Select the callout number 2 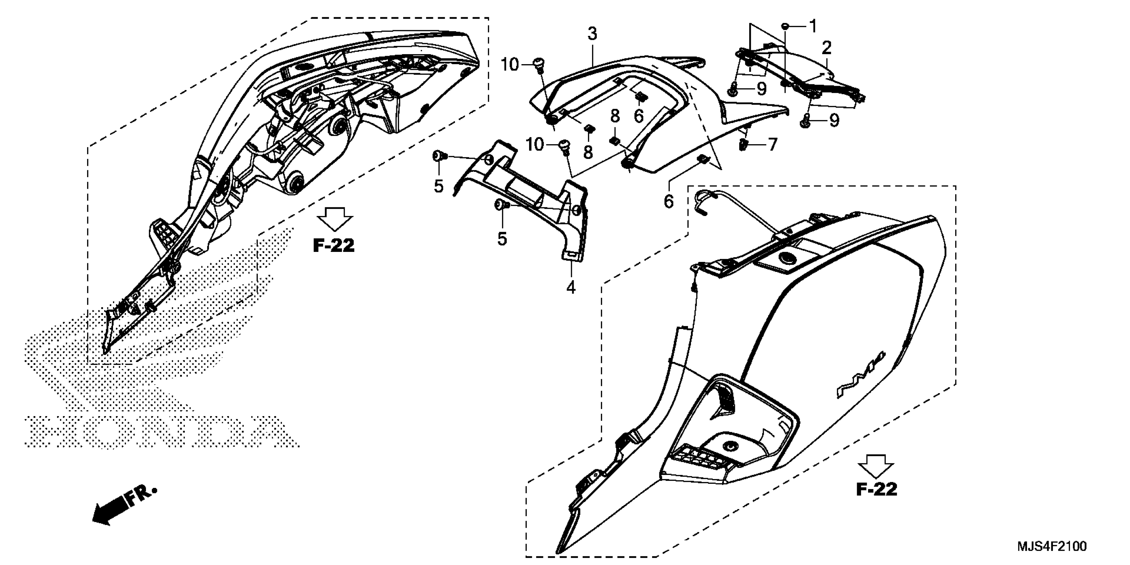point(827,48)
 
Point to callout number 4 point(570,288)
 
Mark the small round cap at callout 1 point(786,27)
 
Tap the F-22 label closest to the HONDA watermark point(333,246)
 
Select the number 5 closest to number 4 point(502,239)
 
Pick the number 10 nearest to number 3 point(510,65)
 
